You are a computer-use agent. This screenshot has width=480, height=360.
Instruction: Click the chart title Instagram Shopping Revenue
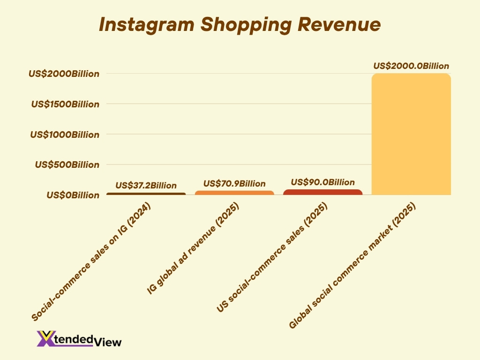point(240,25)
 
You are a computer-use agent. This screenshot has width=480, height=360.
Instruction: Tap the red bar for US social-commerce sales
point(323,192)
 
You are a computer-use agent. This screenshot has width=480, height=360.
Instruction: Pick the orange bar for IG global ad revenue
point(234,193)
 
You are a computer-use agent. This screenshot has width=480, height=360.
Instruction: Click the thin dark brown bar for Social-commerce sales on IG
point(146,194)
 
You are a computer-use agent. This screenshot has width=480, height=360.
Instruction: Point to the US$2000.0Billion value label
point(411,66)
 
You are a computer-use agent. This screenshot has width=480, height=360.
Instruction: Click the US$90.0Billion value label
point(323,182)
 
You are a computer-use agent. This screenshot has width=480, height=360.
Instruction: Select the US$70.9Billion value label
point(234,184)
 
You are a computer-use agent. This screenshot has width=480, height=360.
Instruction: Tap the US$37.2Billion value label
point(146,185)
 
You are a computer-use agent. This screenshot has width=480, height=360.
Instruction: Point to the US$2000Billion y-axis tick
point(64,74)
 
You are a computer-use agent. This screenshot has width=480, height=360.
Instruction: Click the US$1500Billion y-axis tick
point(65,104)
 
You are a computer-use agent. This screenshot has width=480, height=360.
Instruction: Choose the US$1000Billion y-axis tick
point(65,135)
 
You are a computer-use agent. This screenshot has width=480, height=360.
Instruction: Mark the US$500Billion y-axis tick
point(67,165)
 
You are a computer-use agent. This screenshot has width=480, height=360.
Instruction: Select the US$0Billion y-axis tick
point(73,195)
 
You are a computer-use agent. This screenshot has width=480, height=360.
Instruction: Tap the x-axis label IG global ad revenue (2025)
point(193,249)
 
